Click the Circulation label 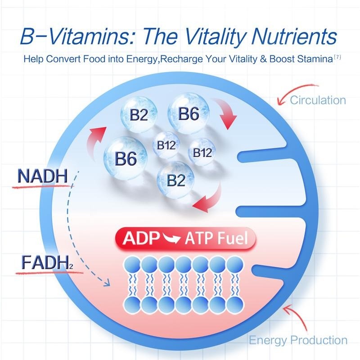coord(318,100)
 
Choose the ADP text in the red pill coord(140,238)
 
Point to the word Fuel coord(233,238)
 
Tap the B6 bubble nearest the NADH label coord(125,158)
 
